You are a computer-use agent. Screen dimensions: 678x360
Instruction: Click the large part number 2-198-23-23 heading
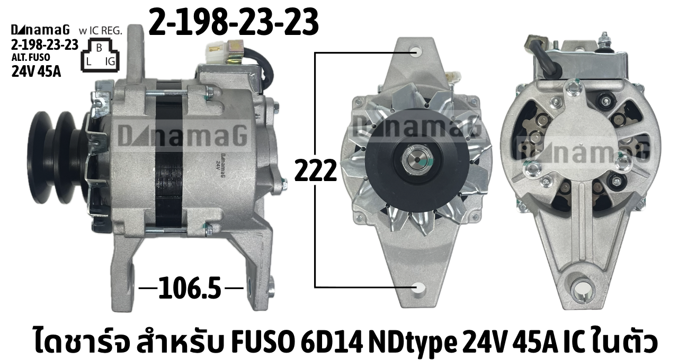(234, 22)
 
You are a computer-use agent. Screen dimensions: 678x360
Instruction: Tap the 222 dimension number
(316, 170)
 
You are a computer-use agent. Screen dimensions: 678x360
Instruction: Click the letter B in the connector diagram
(99, 48)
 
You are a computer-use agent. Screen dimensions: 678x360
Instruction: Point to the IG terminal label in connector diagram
(110, 62)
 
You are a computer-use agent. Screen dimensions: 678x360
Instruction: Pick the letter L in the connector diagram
(88, 62)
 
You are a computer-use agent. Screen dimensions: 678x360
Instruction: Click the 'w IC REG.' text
(100, 31)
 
